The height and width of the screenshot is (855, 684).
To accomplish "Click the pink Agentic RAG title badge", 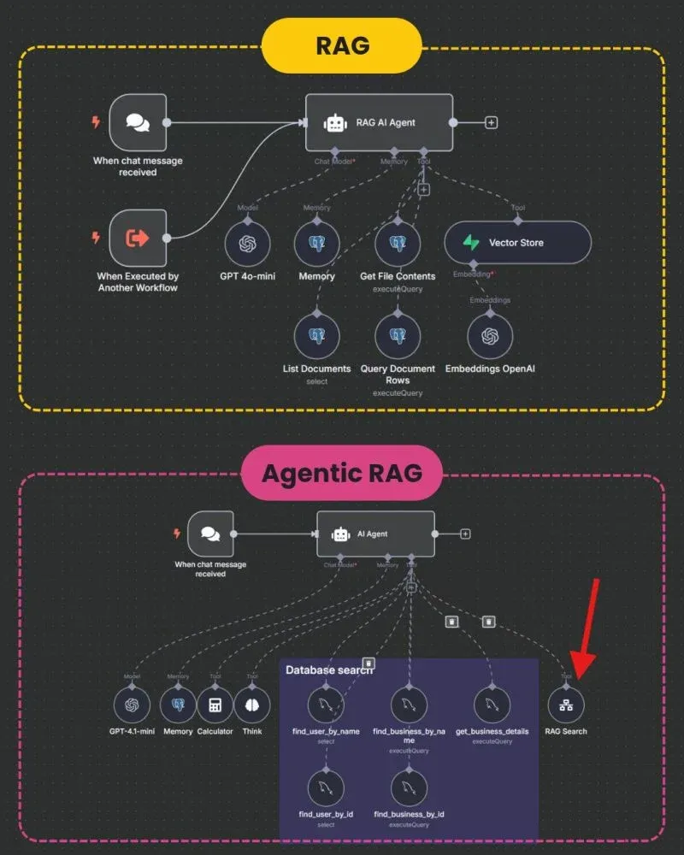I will [x=341, y=472].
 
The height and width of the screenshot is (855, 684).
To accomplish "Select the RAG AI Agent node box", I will [x=379, y=122].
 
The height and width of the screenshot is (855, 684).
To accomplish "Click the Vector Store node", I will [x=517, y=243].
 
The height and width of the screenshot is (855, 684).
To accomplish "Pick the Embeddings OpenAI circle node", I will [x=490, y=336].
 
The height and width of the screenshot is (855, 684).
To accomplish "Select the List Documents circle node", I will [x=316, y=336].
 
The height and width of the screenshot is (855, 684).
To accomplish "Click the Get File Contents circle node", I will [x=397, y=243].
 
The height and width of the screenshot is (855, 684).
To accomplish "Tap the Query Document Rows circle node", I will [x=397, y=336].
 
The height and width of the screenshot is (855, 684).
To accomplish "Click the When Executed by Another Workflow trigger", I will [x=138, y=238].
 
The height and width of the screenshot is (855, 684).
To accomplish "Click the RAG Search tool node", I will [x=566, y=706].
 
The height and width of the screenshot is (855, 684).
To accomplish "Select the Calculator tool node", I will [x=215, y=706].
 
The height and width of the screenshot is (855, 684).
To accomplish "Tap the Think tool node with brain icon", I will [x=252, y=706].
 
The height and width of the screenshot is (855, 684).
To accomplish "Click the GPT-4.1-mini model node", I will [x=132, y=706].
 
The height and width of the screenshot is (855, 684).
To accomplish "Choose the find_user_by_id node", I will [x=327, y=788].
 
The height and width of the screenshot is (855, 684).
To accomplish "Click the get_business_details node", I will [x=492, y=706].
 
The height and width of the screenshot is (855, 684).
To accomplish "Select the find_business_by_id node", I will [x=409, y=788].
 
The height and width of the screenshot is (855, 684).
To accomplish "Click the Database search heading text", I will [x=329, y=670].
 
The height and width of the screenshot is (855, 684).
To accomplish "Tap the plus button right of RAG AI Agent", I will [x=492, y=122].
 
